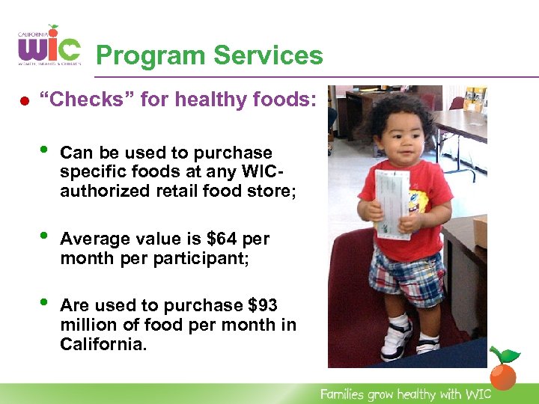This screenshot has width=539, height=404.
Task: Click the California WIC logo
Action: pos(49,46)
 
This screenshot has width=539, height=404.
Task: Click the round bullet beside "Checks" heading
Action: pos(23,100)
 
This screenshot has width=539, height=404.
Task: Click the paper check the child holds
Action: pos(392,203)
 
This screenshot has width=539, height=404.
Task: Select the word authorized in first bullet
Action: pos(98,191)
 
